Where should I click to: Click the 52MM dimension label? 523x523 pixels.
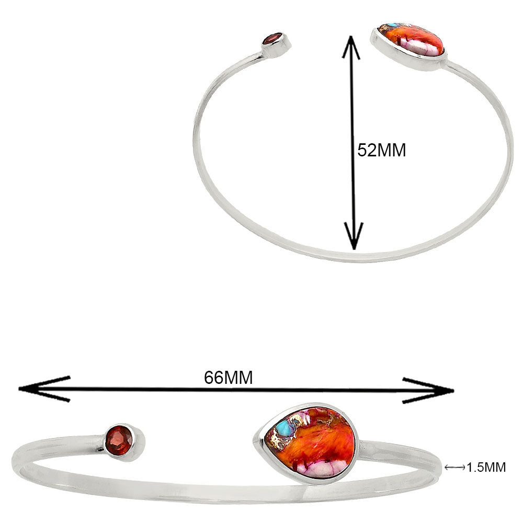pos(382,150)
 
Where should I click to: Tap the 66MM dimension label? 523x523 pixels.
pos(229,378)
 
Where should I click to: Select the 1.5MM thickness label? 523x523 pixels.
pos(486,467)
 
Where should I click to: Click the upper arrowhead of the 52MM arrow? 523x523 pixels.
pos(351,47)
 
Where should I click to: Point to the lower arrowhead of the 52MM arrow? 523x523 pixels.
pos(354,236)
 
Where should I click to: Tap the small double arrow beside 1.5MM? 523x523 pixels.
pos(454,468)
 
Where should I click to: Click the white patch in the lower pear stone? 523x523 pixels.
pos(319,470)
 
